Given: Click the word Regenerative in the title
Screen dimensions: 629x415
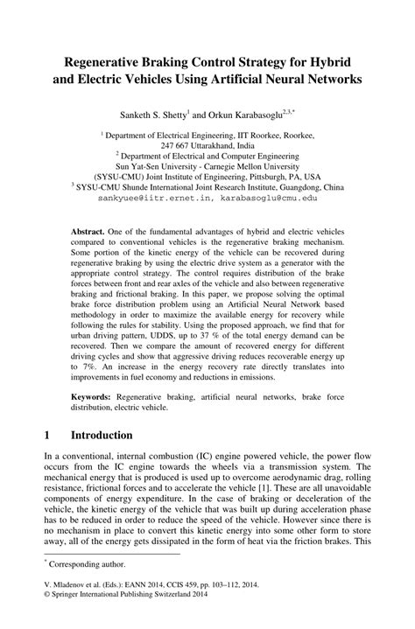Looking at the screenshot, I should pyautogui.click(x=105, y=63).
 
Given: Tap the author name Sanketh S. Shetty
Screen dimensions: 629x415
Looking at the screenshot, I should pyautogui.click(x=152, y=114).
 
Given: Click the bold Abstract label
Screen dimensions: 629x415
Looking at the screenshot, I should pyautogui.click(x=90, y=234).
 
